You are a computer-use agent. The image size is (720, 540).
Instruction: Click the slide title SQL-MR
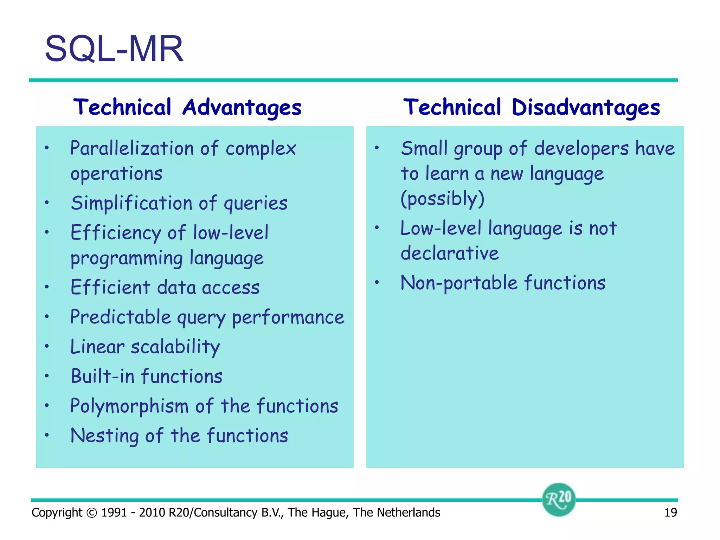[114, 49]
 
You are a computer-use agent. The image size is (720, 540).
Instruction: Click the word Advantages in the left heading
[242, 107]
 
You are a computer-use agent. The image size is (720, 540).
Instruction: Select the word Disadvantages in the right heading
[585, 107]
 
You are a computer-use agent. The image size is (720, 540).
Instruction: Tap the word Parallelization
[131, 148]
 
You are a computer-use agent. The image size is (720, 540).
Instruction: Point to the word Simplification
[131, 203]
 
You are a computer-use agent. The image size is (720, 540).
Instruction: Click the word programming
[127, 258]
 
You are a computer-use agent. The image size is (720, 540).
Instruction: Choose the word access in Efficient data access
[231, 287]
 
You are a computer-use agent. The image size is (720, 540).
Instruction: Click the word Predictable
[120, 317]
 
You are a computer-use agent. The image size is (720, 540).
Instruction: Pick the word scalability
[175, 347]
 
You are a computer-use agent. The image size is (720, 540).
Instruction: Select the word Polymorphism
[129, 406]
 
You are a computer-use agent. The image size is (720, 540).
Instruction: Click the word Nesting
[105, 436]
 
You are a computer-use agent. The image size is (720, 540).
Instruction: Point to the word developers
[581, 148]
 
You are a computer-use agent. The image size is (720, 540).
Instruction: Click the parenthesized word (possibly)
[442, 199]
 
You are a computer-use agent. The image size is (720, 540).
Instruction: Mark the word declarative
[449, 253]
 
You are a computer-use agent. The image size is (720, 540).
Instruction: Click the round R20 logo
[558, 499]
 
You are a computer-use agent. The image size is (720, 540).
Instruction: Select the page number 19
[670, 513]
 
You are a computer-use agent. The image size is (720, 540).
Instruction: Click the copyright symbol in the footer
[91, 513]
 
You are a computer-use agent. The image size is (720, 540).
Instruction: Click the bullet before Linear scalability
[47, 347]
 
